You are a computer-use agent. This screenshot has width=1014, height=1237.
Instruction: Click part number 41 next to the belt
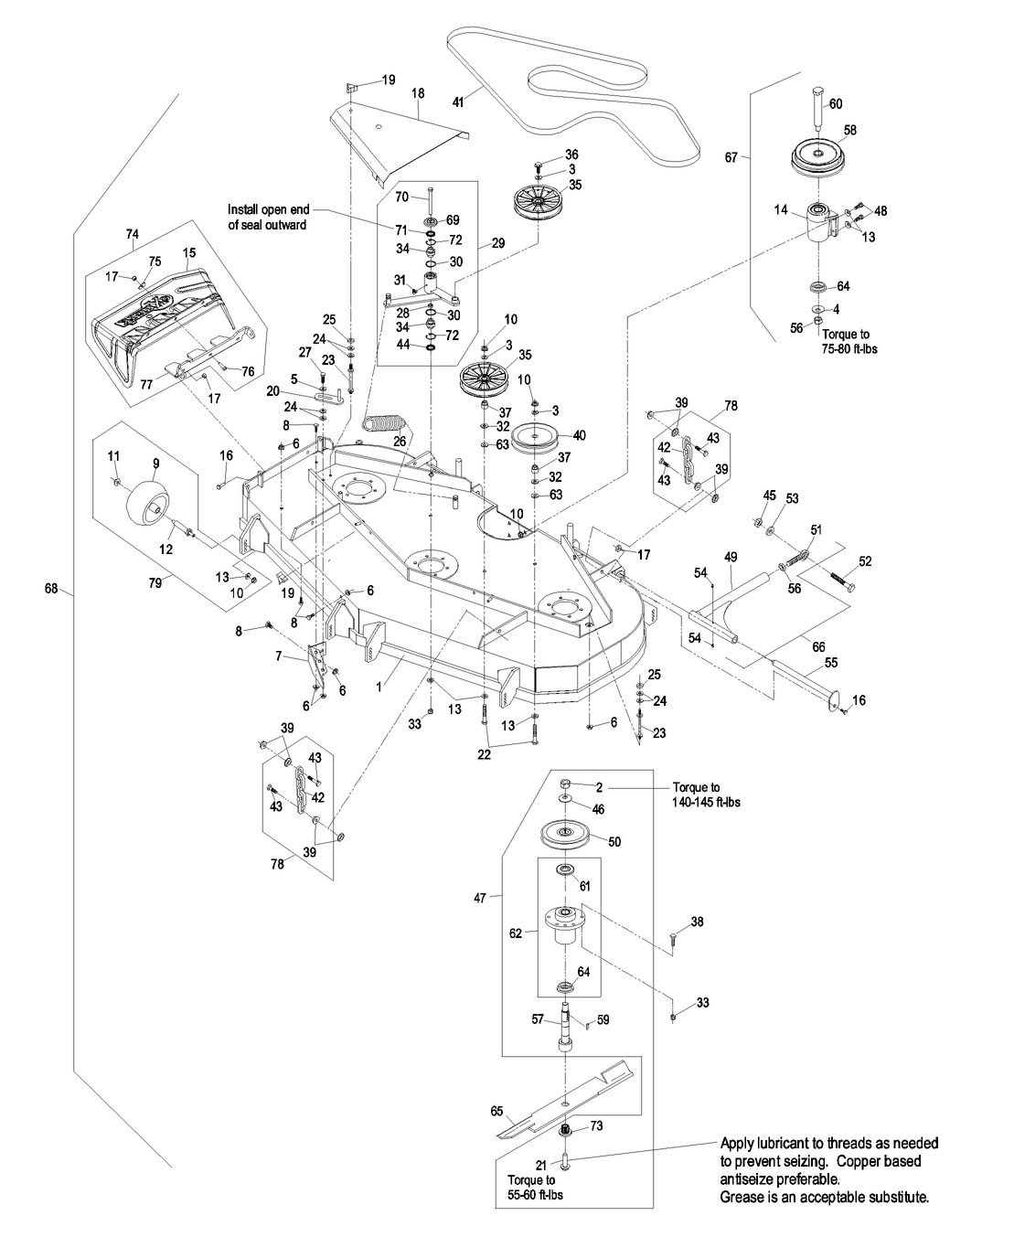pyautogui.click(x=459, y=103)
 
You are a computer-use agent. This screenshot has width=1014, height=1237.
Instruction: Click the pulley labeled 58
pyautogui.click(x=827, y=155)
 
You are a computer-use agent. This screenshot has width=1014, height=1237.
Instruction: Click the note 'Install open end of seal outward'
pyautogui.click(x=268, y=217)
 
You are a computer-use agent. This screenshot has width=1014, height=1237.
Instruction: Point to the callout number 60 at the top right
pyautogui.click(x=836, y=104)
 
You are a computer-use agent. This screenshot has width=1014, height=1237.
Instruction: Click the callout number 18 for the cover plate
pyautogui.click(x=419, y=93)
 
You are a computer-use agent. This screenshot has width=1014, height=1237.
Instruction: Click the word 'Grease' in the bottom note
pyautogui.click(x=743, y=1196)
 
